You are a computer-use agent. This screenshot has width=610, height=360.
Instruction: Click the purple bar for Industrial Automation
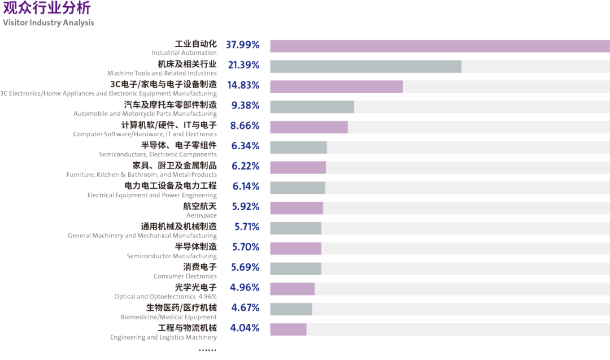[x=439, y=46]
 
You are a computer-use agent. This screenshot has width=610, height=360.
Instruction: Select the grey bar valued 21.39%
[x=365, y=66]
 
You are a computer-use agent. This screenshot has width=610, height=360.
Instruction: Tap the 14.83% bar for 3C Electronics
[x=336, y=86]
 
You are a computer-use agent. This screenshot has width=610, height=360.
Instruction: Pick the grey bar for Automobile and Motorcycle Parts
[x=312, y=107]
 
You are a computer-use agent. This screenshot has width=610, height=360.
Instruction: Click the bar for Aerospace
[x=297, y=208]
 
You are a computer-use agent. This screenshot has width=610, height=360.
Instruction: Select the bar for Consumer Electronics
[x=295, y=268]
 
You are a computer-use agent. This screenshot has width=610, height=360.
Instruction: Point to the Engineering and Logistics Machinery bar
[x=288, y=329]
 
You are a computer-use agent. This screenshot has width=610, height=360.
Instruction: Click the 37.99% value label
[x=243, y=45]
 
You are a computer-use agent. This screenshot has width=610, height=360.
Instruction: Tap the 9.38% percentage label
[x=245, y=105]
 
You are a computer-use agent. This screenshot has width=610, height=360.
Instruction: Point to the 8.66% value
[x=245, y=125]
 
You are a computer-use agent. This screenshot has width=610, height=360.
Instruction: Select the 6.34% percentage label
[x=245, y=146]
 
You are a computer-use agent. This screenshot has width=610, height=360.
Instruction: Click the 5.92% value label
[x=245, y=206]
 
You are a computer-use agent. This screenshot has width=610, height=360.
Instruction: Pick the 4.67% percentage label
[x=245, y=307]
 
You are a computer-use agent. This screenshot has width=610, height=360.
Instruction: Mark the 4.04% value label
[x=245, y=328]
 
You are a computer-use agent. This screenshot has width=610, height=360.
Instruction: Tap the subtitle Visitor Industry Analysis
[x=48, y=23]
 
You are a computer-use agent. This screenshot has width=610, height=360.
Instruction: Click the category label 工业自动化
[x=195, y=44]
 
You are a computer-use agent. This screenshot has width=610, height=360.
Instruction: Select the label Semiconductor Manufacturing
[x=172, y=256]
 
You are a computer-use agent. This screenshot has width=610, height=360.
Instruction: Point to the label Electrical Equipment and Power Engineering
[x=152, y=195]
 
